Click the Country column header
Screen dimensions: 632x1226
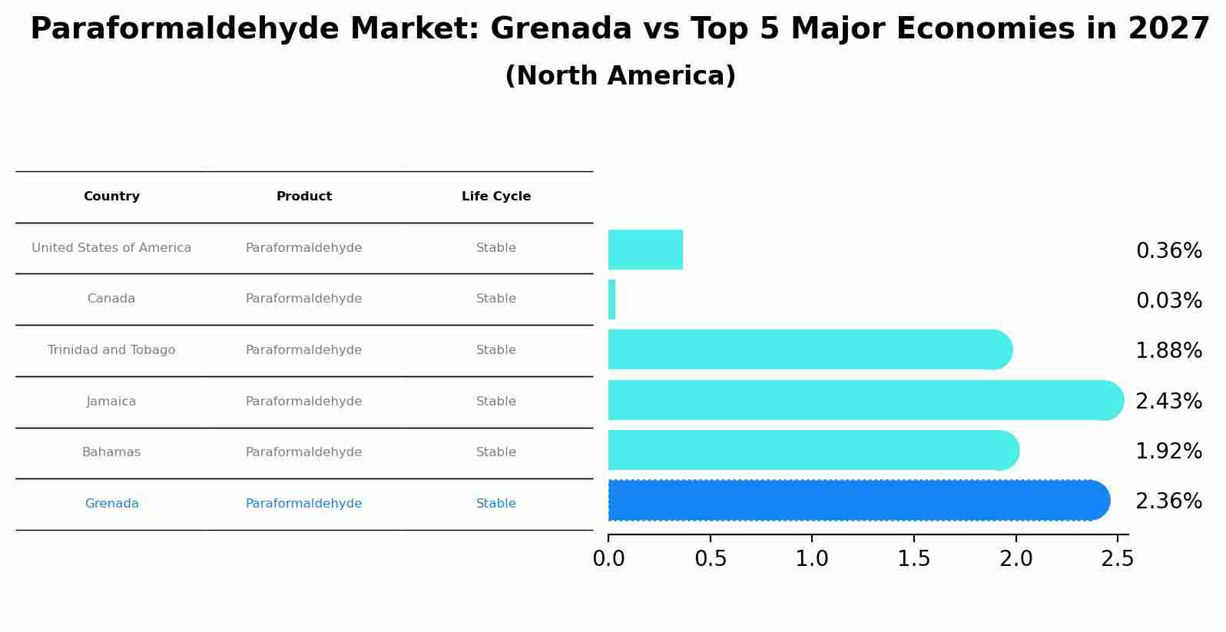(111, 197)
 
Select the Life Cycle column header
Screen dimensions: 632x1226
(496, 197)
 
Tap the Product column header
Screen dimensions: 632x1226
(304, 197)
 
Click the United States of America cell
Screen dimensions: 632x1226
(111, 248)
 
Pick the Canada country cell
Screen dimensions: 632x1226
(111, 299)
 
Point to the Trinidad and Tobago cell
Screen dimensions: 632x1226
(111, 350)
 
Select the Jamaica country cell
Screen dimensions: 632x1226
(111, 402)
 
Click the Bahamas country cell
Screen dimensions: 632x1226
(111, 452)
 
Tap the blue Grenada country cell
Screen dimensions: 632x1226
(111, 504)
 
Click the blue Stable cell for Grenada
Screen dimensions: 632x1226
(496, 504)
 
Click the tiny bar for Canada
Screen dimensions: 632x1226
(612, 299)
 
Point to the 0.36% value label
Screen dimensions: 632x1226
(1168, 251)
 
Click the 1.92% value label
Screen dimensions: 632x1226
(1168, 452)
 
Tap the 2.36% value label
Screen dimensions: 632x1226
(1168, 501)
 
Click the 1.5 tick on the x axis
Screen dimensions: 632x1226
(914, 559)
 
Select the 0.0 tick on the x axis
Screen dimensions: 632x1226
(608, 559)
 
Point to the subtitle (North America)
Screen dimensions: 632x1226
(620, 76)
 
